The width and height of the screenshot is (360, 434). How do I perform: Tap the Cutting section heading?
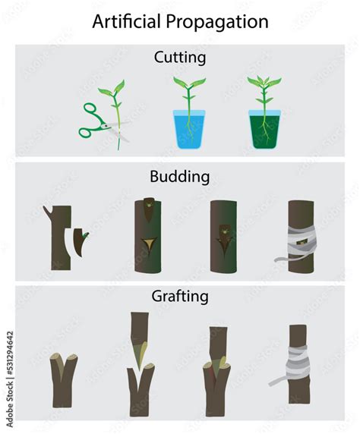(179, 57)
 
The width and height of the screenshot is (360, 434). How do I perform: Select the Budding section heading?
(179, 177)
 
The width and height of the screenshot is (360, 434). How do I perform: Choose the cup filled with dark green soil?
(264, 130)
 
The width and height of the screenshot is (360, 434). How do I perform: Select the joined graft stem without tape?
(217, 368)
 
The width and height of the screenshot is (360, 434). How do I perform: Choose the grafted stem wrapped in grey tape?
(297, 368)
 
